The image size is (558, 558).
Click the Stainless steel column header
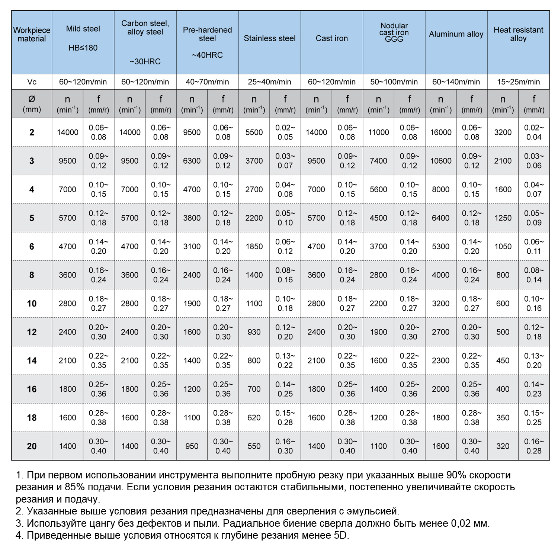[x=269, y=38]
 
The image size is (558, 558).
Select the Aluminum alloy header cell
[x=456, y=34]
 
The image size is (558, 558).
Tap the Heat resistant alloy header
[x=518, y=34]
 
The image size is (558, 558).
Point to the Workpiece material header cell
[x=32, y=34]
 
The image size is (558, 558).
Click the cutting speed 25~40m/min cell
[x=269, y=82]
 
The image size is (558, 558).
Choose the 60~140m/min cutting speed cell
[x=456, y=82]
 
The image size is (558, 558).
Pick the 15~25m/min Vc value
[x=518, y=82]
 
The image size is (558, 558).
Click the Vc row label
[x=32, y=82]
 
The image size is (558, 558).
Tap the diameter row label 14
[x=32, y=360]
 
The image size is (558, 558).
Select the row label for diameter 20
[x=32, y=446]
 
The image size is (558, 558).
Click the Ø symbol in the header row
[x=32, y=99]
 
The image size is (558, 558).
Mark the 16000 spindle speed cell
[x=440, y=132]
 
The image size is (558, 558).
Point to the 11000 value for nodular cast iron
[x=378, y=132]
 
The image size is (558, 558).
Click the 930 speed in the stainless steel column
[x=254, y=332]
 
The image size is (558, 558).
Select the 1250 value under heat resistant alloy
[x=503, y=218]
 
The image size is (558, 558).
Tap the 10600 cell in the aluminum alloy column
[x=440, y=161]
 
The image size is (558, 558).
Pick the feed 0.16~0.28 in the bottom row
[x=534, y=446]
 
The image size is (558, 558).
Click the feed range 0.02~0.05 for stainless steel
[x=285, y=132]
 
